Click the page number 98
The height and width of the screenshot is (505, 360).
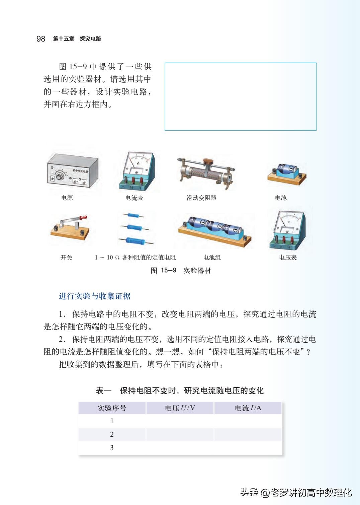coord(41,39)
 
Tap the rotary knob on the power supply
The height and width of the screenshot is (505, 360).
coord(60,176)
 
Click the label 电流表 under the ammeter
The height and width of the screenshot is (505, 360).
coord(134,198)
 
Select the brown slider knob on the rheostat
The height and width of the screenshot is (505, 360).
coord(208,161)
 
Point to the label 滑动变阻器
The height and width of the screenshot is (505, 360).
coord(201,198)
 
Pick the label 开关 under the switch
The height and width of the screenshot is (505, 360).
coord(66,258)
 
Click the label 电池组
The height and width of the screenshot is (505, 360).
coord(212,258)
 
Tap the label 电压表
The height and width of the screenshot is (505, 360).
coord(288,258)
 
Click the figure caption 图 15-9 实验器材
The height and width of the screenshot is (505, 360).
coord(181,270)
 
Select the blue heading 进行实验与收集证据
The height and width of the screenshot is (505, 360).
coord(95,296)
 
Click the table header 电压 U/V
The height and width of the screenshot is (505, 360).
coord(180,408)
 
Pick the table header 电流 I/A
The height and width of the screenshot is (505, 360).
coord(248,408)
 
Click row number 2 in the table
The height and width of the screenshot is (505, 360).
coord(112,434)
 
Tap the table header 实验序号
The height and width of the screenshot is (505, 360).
coord(112,408)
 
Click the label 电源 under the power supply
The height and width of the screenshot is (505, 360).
coord(67,198)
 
